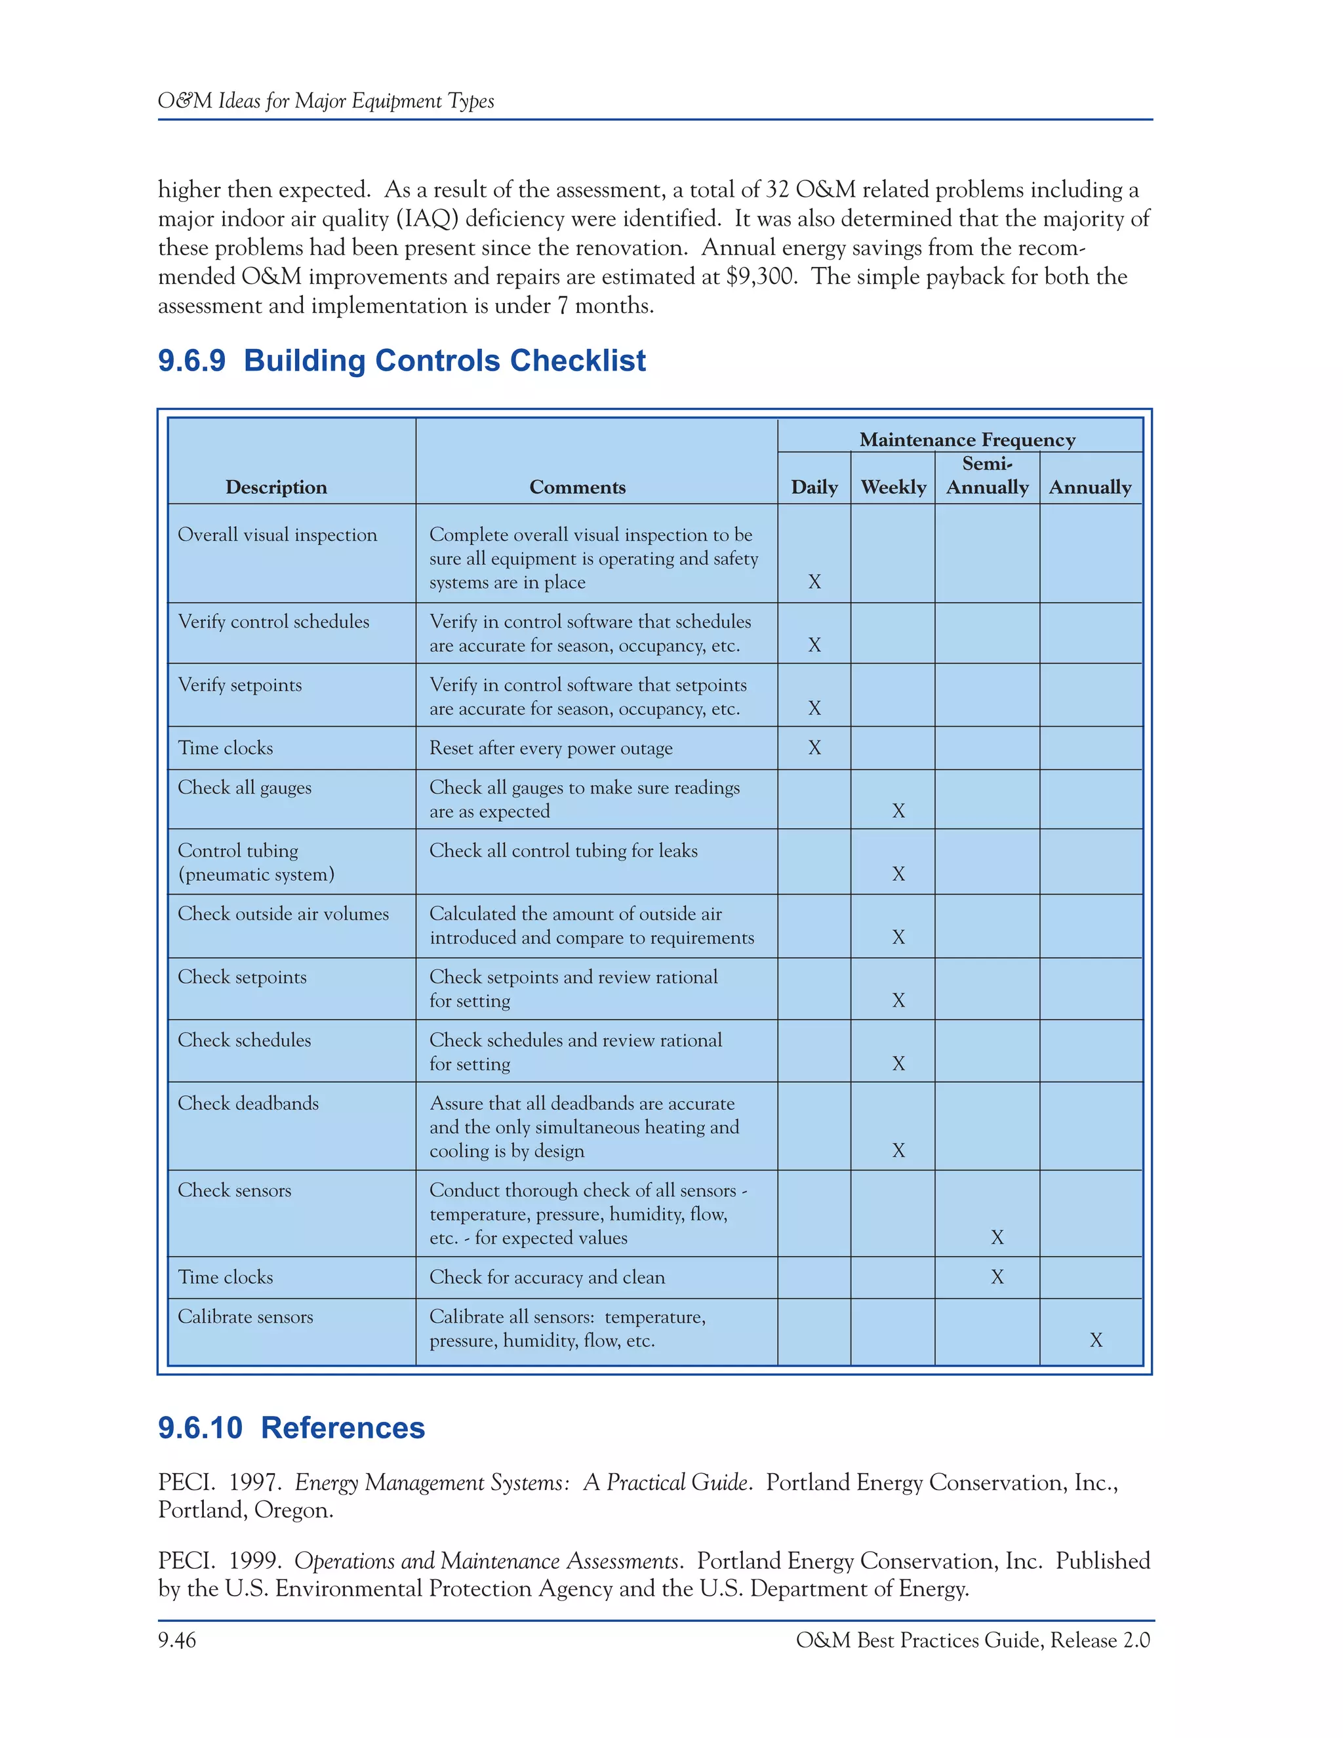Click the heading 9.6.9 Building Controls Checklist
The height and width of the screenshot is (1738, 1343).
tap(402, 361)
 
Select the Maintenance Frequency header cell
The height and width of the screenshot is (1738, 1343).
tap(967, 439)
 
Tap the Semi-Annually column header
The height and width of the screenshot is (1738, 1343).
tap(986, 476)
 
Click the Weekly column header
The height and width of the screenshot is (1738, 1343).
tap(894, 487)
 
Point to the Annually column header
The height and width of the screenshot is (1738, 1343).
tap(1089, 487)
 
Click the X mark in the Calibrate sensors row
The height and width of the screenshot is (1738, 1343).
tap(1096, 1340)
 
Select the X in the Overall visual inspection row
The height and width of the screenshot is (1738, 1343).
tap(814, 582)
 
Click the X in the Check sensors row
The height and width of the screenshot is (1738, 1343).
tap(997, 1237)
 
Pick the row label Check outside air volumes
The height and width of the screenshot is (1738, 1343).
tap(283, 914)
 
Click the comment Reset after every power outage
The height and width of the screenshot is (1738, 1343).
tap(551, 748)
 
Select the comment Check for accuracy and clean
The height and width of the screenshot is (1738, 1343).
tap(547, 1276)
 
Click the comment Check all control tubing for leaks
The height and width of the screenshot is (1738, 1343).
tap(563, 851)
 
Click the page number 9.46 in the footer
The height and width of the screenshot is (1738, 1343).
tap(176, 1640)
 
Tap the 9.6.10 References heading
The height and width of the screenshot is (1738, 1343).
tap(291, 1428)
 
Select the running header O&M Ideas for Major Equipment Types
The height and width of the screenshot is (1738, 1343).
tap(325, 101)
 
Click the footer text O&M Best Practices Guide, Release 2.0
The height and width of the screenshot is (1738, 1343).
tap(972, 1640)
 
